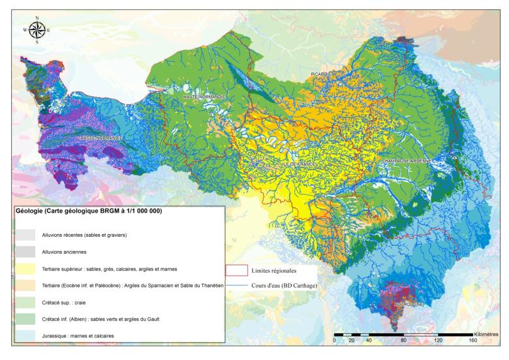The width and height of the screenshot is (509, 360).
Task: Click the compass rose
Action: pos(37,29)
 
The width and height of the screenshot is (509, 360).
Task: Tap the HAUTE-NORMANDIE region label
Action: pos(204,97)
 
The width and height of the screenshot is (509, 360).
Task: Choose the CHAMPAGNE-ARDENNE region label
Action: pos(403,160)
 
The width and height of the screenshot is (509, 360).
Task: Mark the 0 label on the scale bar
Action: pos(334,340)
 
